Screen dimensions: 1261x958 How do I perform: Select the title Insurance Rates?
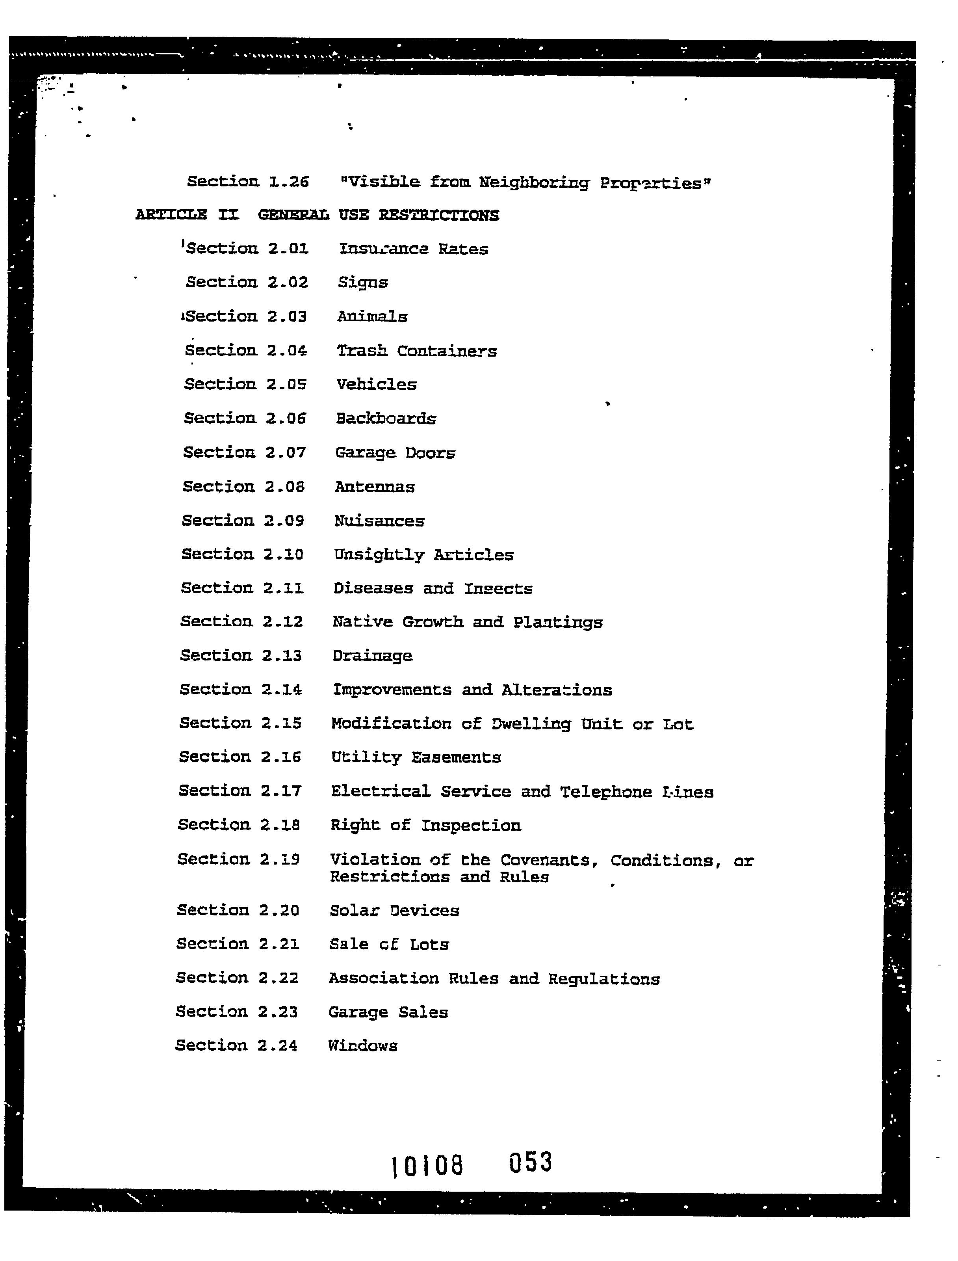pos(414,249)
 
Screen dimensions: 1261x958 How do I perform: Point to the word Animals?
pos(372,316)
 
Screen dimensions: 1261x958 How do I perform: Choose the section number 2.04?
pos(287,350)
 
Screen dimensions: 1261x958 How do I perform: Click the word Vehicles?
pos(376,384)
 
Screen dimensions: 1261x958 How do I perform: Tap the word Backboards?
pos(386,418)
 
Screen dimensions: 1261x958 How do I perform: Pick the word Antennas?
pos(375,487)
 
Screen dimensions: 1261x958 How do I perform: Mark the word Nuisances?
pos(379,521)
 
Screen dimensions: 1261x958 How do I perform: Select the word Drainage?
pos(372,656)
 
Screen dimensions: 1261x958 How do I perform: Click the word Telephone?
pos(605,792)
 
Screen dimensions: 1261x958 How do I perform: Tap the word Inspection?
pos(471,825)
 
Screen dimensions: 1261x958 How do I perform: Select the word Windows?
pos(363,1045)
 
